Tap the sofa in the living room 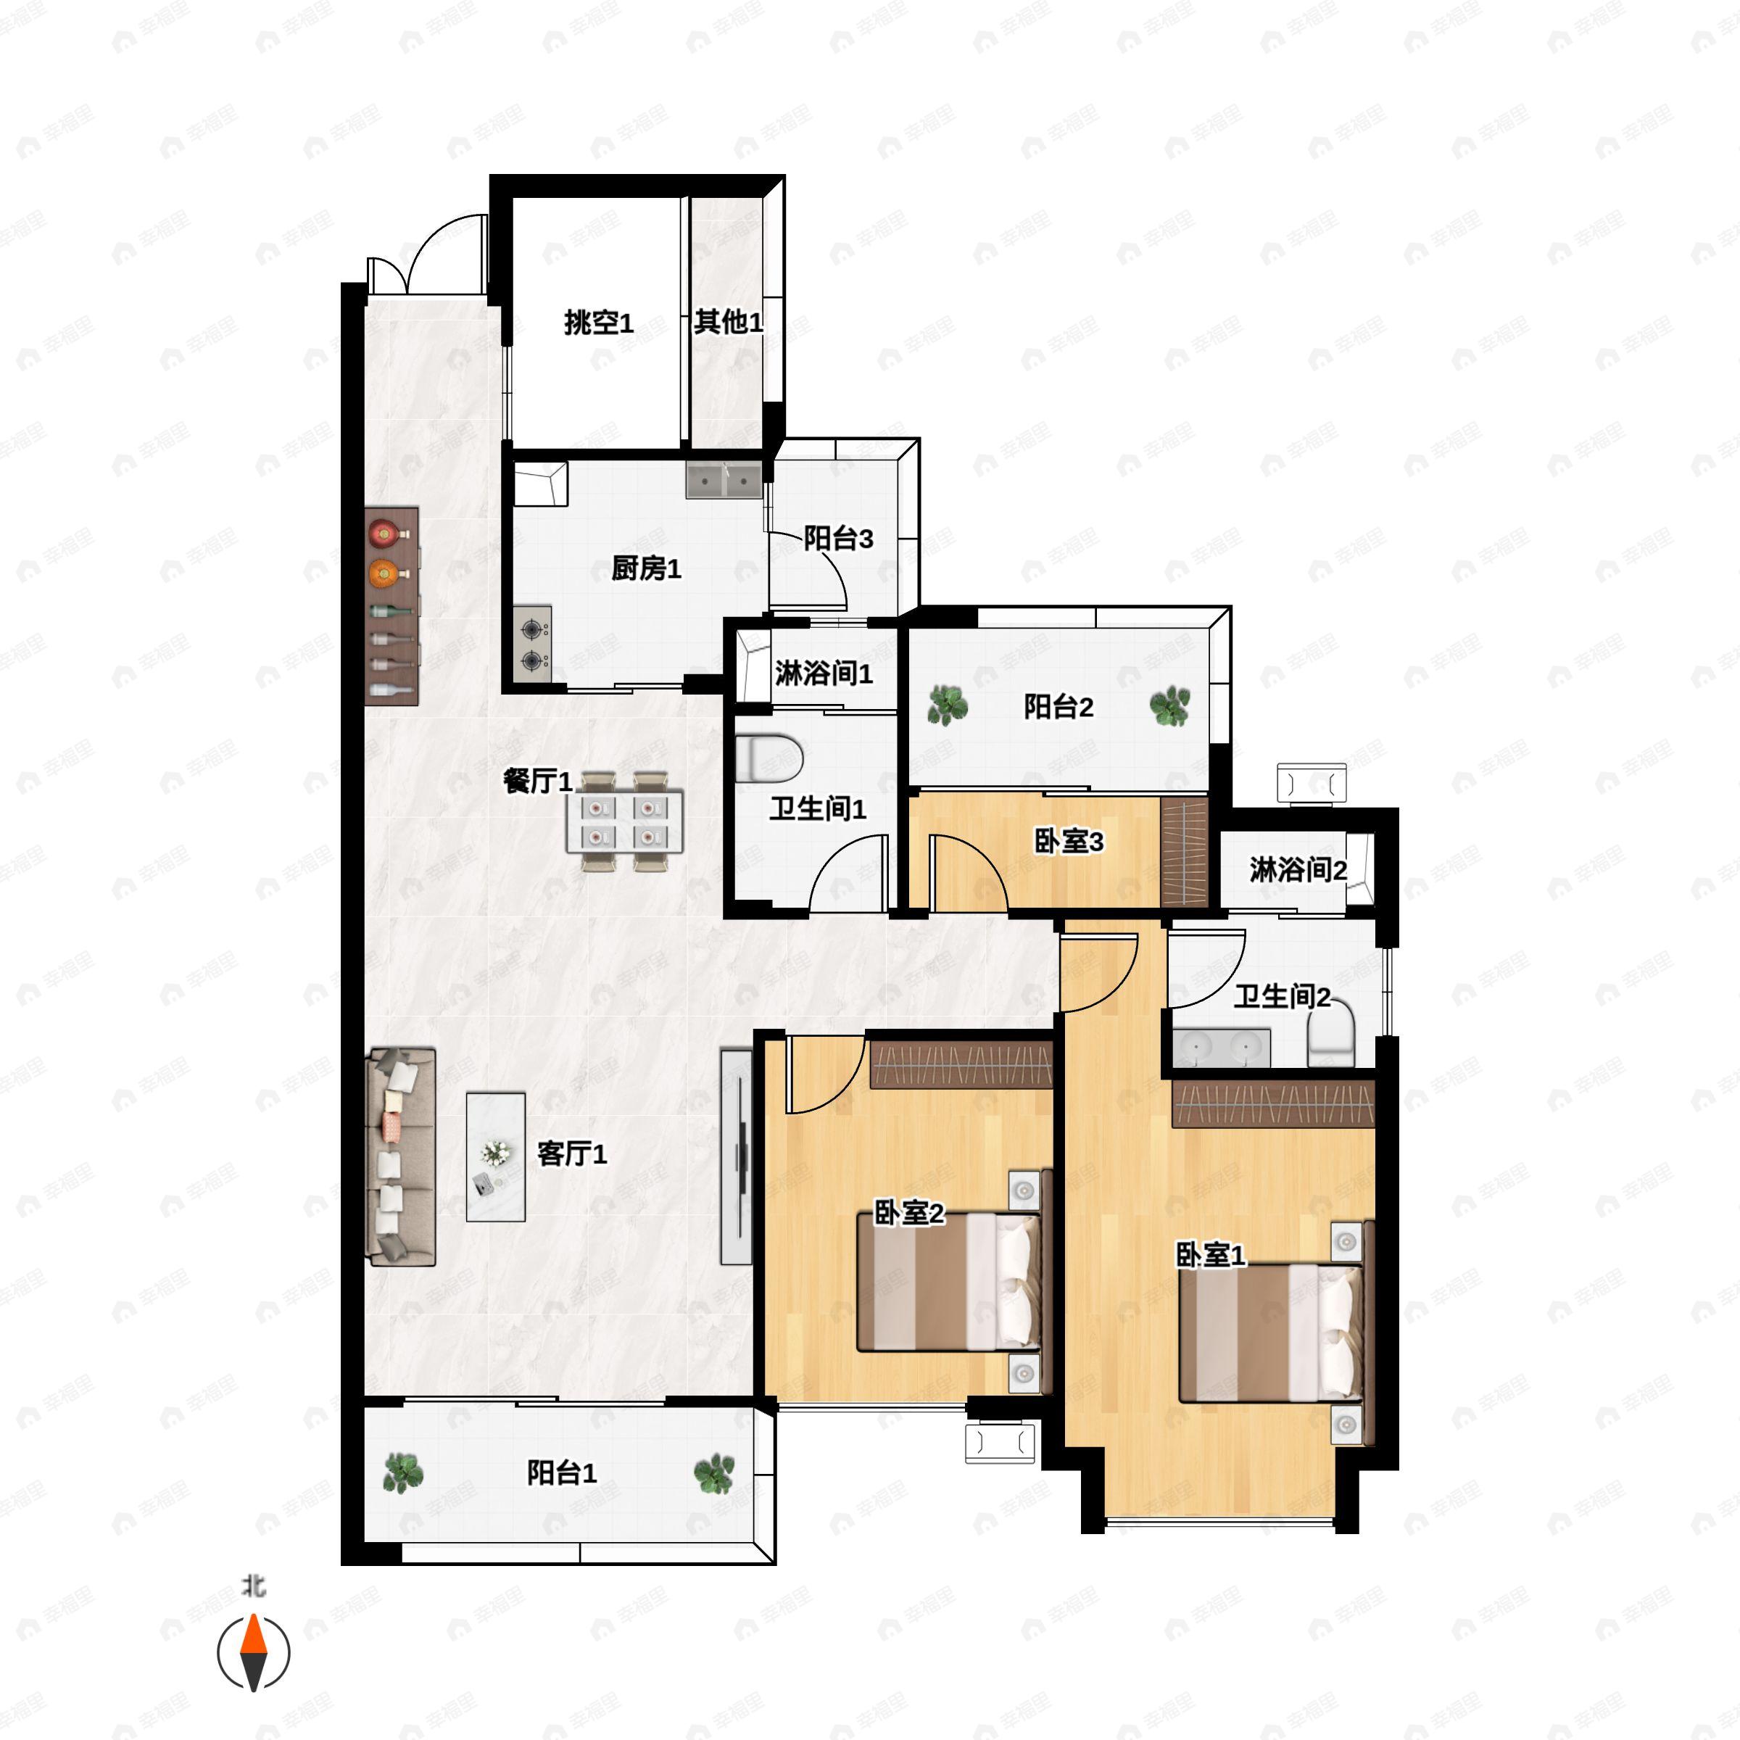pos(401,1156)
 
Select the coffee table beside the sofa pos(495,1156)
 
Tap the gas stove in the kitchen pos(532,643)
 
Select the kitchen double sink pos(724,481)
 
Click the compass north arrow pos(254,1653)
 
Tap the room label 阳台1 pos(562,1472)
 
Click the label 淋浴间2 pos(1298,870)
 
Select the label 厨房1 pos(647,568)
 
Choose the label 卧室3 pos(1068,841)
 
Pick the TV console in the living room pos(737,1156)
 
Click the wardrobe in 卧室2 pos(961,1066)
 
